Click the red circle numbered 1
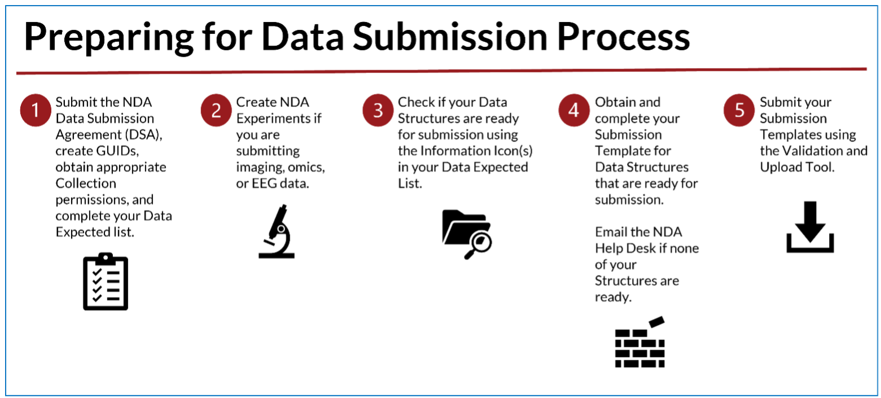click(36, 110)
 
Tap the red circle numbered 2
click(216, 110)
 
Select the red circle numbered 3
click(378, 110)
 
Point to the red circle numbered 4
click(574, 110)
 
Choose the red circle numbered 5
click(739, 110)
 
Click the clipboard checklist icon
click(106, 282)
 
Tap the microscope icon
click(277, 231)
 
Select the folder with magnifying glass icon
click(467, 234)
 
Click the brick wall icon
click(640, 342)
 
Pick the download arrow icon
click(810, 227)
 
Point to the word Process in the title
click(624, 37)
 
